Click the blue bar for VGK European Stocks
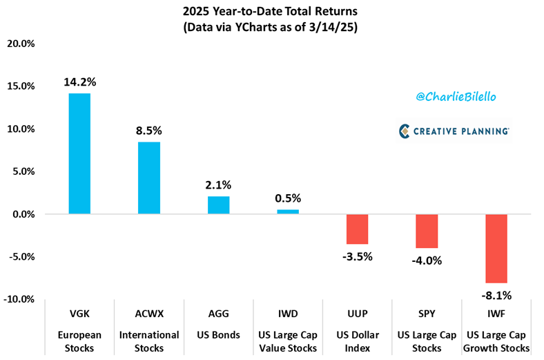(x=79, y=153)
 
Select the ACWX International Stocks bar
(x=149, y=178)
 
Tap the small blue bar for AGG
(x=218, y=205)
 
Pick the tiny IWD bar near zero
(x=288, y=211)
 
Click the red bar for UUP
(x=357, y=229)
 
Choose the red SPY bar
(x=427, y=231)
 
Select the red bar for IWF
(x=496, y=249)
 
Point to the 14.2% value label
(x=79, y=82)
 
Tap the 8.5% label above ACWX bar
(x=149, y=131)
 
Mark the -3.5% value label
(x=357, y=256)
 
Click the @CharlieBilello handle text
(x=456, y=97)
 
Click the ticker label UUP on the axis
(x=357, y=316)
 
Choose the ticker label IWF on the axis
(x=496, y=316)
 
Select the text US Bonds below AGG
(x=218, y=335)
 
